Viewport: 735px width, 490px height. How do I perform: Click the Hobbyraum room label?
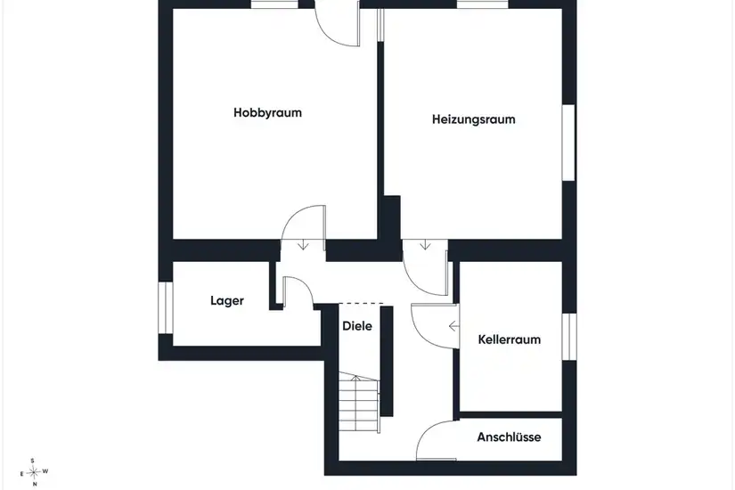tap(267, 113)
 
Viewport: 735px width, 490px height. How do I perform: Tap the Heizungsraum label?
tap(473, 119)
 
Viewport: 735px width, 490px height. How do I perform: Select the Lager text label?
tap(227, 301)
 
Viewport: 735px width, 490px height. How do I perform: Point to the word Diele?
tap(357, 326)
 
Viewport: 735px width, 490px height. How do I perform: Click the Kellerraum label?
tap(510, 339)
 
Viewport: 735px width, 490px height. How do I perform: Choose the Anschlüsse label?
tap(509, 437)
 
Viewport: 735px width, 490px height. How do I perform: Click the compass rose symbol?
tap(34, 472)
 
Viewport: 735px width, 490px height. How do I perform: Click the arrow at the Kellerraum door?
tap(453, 326)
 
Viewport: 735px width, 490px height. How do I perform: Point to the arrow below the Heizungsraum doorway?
tap(425, 244)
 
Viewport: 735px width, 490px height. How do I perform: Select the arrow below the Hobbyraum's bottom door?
tap(303, 244)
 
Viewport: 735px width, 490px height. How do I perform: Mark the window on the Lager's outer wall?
tap(166, 307)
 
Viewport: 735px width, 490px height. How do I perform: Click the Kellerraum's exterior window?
tap(569, 337)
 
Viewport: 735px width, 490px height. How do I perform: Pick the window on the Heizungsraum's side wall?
tap(568, 143)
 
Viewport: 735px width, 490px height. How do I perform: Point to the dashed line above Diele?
tap(361, 304)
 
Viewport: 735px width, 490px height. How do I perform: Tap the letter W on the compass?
tap(45, 471)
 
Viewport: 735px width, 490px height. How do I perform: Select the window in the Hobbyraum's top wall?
tap(274, 4)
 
